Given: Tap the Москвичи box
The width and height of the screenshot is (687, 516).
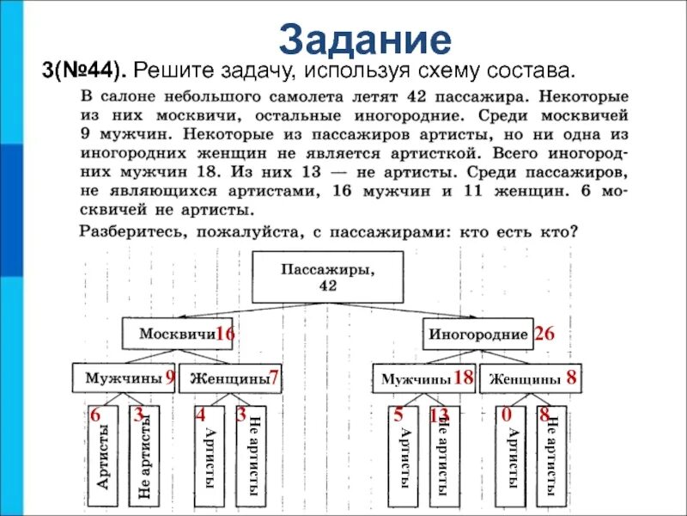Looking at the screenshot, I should point(176,334).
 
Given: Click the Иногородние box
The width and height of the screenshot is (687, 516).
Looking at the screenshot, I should point(478,334).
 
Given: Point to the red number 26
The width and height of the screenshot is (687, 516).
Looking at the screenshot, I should point(544,335).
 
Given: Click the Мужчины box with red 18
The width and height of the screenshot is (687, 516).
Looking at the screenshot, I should point(423,378).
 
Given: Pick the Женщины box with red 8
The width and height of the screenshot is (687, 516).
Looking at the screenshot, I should point(530,378).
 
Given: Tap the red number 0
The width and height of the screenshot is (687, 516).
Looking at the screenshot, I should point(507,415).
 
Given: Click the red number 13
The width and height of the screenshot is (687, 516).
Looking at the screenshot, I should point(438,415).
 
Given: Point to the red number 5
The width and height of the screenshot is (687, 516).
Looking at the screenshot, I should point(398,415).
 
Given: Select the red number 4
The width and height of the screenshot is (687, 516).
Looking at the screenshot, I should point(201,415).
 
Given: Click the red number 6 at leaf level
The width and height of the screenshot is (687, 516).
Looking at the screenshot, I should point(95,415).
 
